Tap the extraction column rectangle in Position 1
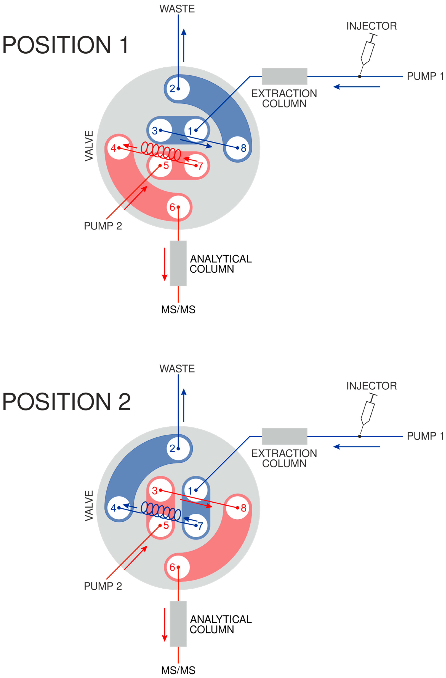284,76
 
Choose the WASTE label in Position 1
177,9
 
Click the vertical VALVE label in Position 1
89,146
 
